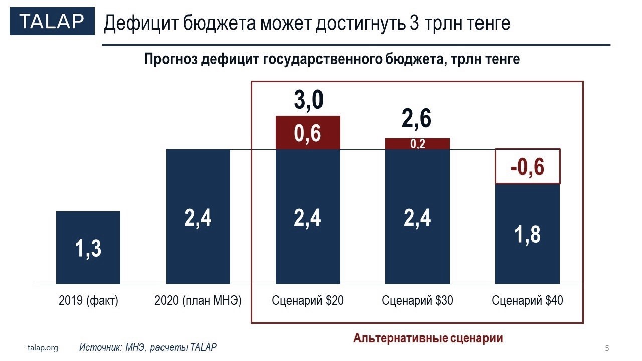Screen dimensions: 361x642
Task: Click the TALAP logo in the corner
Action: (x=52, y=22)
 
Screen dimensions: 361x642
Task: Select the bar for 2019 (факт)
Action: (x=88, y=247)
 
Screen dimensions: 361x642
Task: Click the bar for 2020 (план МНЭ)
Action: (x=198, y=217)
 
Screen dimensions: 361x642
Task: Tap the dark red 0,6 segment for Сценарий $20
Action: (x=308, y=133)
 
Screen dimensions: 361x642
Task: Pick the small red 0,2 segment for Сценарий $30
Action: (x=417, y=144)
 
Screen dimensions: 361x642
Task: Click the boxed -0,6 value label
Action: (x=527, y=166)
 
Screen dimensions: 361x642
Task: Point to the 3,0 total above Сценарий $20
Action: (x=308, y=100)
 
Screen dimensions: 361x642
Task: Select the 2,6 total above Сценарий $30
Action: (x=417, y=118)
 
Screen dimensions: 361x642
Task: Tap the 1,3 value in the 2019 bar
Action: (x=88, y=248)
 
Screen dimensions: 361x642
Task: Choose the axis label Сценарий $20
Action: (x=308, y=301)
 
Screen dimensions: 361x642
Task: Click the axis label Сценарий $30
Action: (x=417, y=301)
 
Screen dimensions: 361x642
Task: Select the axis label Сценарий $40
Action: (x=527, y=301)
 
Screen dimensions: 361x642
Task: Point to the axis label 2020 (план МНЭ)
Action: (x=198, y=301)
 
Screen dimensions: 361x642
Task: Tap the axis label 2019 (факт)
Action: (x=88, y=301)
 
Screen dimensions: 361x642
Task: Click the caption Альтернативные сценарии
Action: (x=428, y=338)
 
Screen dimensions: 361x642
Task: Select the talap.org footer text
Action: (x=43, y=348)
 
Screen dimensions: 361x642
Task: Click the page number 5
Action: (x=607, y=348)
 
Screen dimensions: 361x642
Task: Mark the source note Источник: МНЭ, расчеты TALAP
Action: (x=148, y=347)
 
